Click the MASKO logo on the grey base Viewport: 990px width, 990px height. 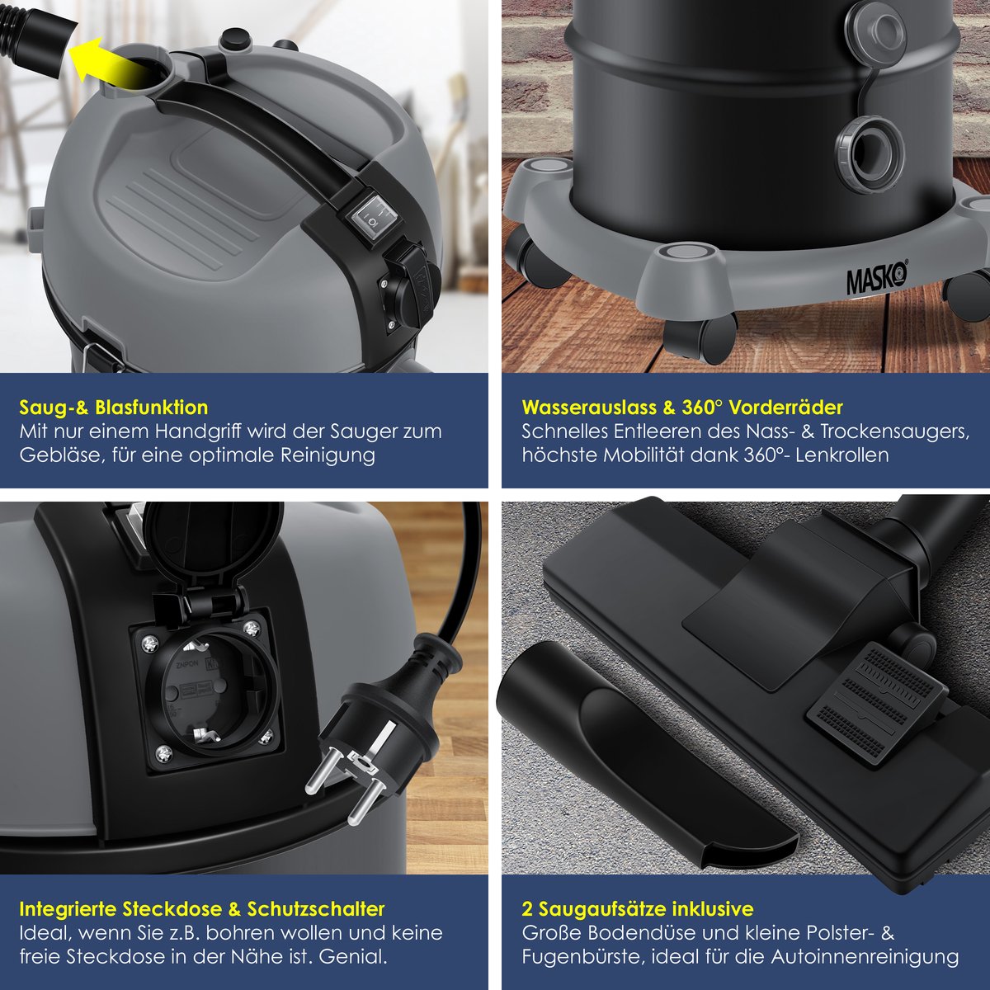point(877,279)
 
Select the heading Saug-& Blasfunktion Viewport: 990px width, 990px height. point(114,408)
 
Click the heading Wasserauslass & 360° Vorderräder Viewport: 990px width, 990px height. point(682,408)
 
